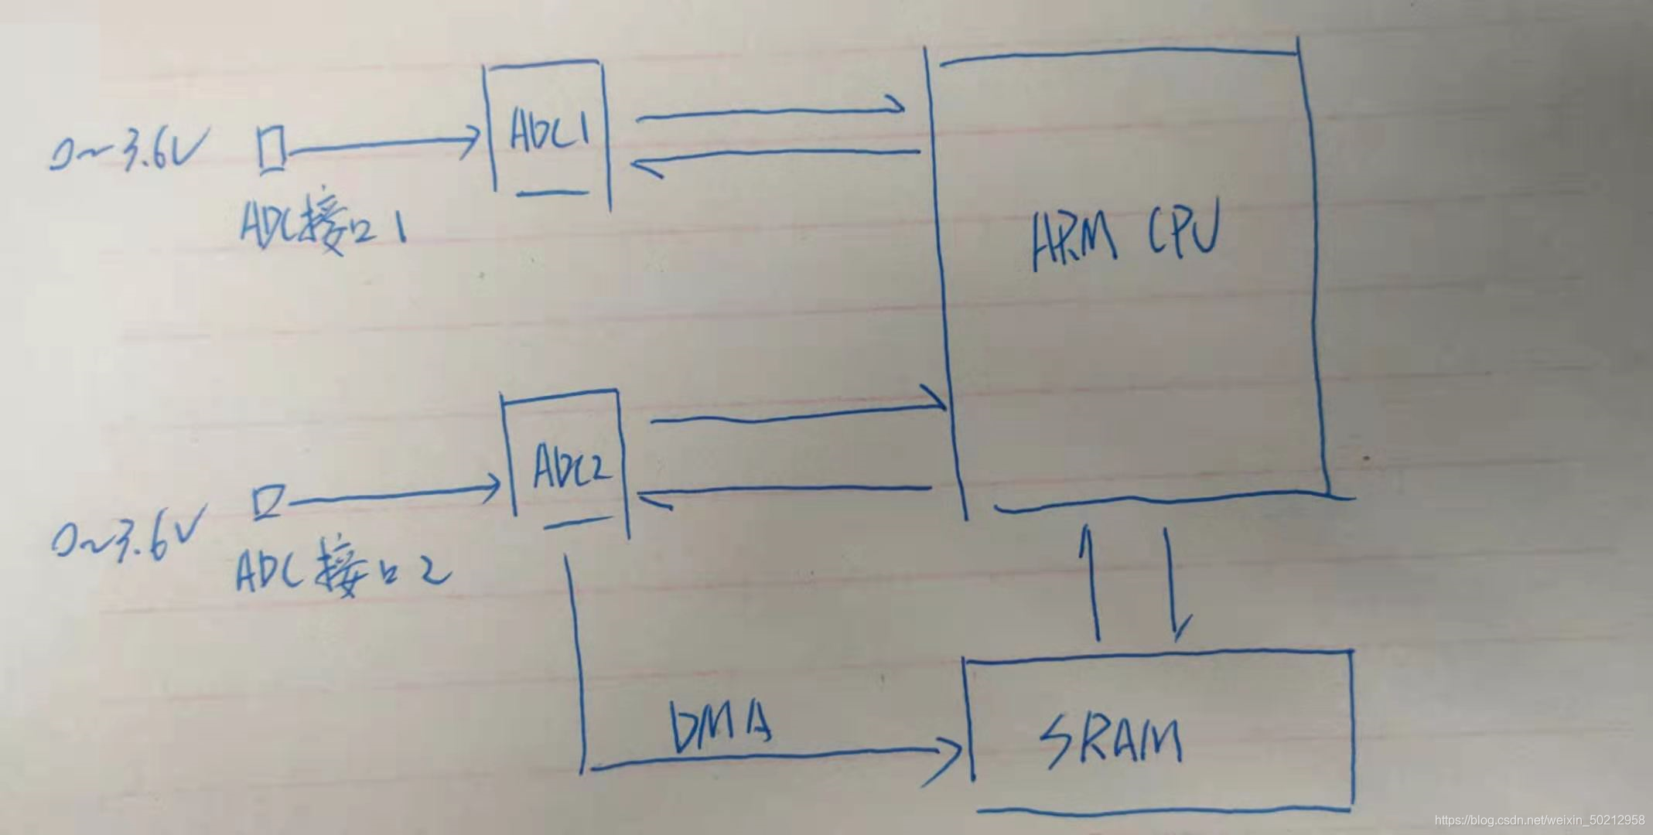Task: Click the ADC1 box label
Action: pos(549,131)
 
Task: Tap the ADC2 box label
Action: pos(571,466)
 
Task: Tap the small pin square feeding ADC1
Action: pos(271,148)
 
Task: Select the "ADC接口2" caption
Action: pos(341,575)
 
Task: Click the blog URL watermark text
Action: pos(1539,820)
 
